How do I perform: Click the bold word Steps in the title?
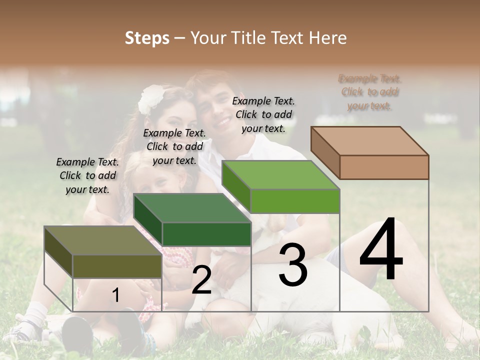[x=147, y=38]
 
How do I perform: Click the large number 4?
[x=381, y=250]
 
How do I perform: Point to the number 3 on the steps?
[x=293, y=265]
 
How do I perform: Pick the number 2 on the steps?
[x=201, y=280]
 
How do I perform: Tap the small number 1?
[x=115, y=295]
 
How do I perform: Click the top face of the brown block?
[x=370, y=140]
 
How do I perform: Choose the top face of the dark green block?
[x=192, y=208]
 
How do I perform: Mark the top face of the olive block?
[x=103, y=240]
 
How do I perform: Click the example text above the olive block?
[x=87, y=175]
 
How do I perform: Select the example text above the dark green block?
[x=174, y=146]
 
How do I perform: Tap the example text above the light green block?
[x=263, y=114]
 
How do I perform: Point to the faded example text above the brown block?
[x=370, y=92]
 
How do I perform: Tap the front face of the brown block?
[x=384, y=167]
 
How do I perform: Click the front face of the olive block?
[x=117, y=266]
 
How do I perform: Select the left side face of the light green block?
[x=236, y=186]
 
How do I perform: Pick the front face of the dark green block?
[x=206, y=234]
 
